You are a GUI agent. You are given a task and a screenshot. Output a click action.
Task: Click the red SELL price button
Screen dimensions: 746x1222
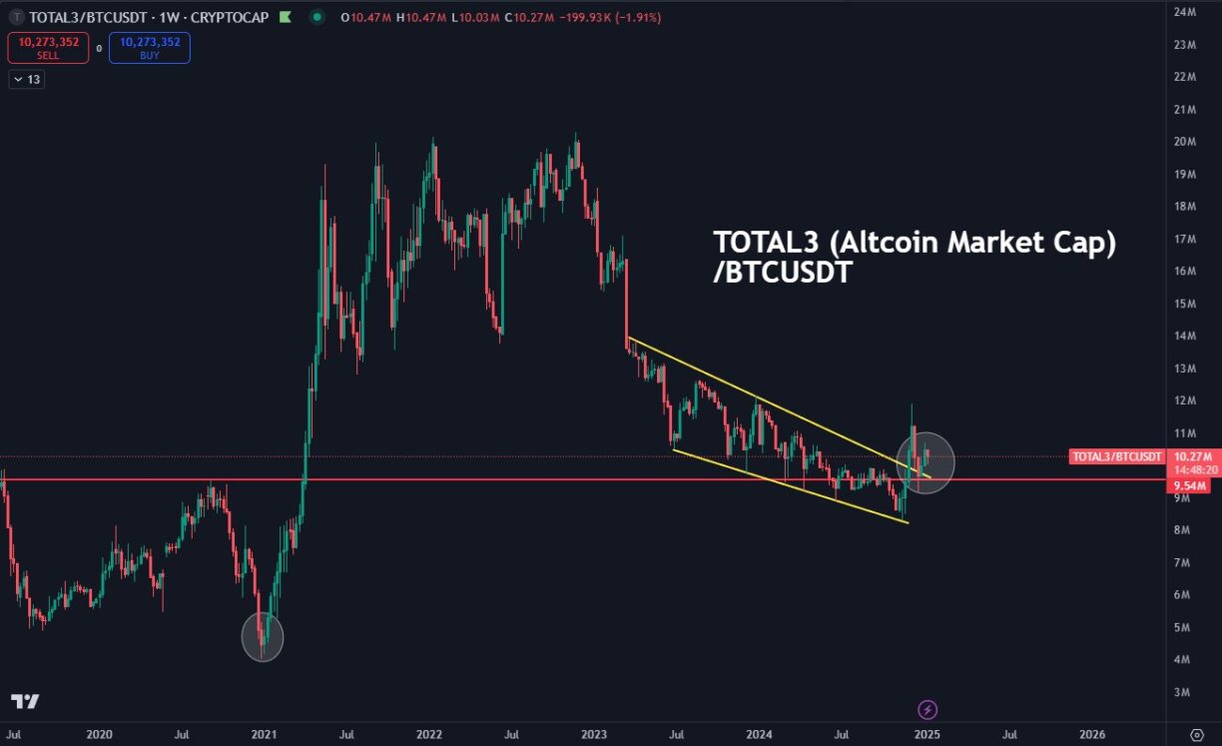click(48, 48)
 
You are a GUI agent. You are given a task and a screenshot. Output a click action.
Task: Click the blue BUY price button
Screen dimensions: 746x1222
click(150, 48)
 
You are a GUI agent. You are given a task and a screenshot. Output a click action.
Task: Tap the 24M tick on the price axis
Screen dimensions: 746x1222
click(1185, 12)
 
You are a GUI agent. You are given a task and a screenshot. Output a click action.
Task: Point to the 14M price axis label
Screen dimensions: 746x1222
click(1185, 336)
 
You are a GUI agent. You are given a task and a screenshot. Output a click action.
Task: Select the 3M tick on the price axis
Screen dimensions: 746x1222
click(1182, 692)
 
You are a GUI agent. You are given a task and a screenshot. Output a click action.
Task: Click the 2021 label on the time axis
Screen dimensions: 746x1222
click(264, 734)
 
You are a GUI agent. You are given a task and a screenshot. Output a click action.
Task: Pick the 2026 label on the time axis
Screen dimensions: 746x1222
click(1092, 734)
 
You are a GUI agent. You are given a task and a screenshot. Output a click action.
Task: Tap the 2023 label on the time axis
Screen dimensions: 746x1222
click(595, 734)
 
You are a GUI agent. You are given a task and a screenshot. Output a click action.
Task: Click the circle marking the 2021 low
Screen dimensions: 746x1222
click(263, 636)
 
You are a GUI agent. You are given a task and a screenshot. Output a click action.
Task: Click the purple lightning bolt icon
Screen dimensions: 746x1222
click(927, 710)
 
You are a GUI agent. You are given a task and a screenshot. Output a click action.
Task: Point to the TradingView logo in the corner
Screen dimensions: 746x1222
click(25, 702)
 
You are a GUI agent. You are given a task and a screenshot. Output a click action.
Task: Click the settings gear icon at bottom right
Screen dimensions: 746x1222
click(1196, 734)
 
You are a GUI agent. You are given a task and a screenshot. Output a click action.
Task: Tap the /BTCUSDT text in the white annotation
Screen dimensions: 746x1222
click(782, 273)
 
